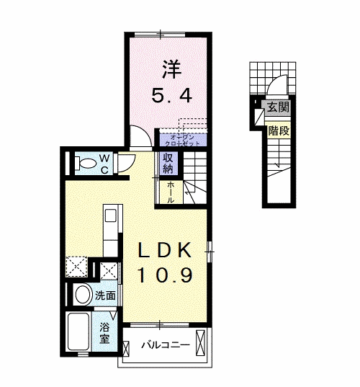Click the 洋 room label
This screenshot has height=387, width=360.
[x=171, y=70]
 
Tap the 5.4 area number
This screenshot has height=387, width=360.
[x=171, y=94]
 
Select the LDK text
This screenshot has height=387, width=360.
[x=165, y=250]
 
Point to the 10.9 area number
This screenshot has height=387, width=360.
[x=165, y=275]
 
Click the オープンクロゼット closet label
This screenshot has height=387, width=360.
[x=183, y=140]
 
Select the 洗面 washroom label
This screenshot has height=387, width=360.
[x=104, y=294]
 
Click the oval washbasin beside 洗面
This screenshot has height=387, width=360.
[x=81, y=294]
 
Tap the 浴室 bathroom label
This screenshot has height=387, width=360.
[x=105, y=332]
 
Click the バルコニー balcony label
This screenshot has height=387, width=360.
[x=165, y=345]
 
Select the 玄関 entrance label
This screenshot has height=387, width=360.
[x=277, y=108]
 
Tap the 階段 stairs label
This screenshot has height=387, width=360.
[x=277, y=131]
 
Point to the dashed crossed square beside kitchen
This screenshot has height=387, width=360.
[x=76, y=267]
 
